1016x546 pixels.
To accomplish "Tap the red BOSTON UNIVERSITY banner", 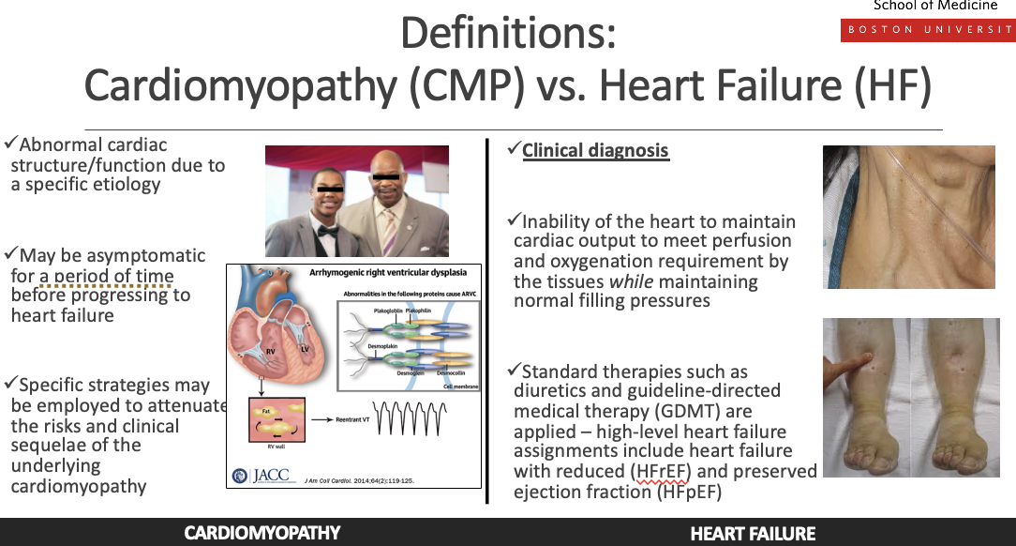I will coord(928,29).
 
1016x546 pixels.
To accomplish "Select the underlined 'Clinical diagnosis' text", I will coord(595,150).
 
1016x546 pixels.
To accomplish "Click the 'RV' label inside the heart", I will coord(269,352).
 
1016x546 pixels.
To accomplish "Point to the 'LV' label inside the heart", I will coord(304,347).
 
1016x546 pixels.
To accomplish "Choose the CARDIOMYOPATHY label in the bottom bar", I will coord(261,533).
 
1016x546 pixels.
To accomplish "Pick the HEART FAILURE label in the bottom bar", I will coord(753,534).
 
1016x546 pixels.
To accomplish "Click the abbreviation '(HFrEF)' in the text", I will coord(663,471).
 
